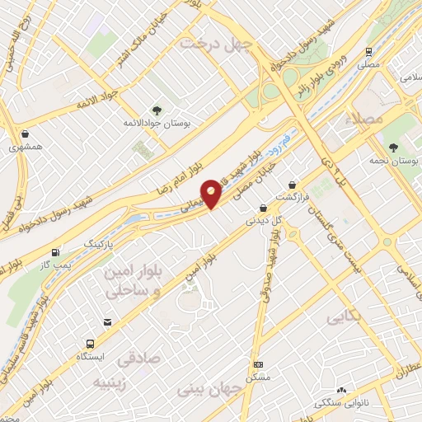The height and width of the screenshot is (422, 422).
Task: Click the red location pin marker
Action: click(212, 194)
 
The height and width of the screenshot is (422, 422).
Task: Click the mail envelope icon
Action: click(106, 322)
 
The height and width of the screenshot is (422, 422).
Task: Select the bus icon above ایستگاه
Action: click(88, 344)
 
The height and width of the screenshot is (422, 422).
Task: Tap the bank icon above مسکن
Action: click(259, 363)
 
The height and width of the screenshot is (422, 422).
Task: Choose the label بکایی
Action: click(345, 317)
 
